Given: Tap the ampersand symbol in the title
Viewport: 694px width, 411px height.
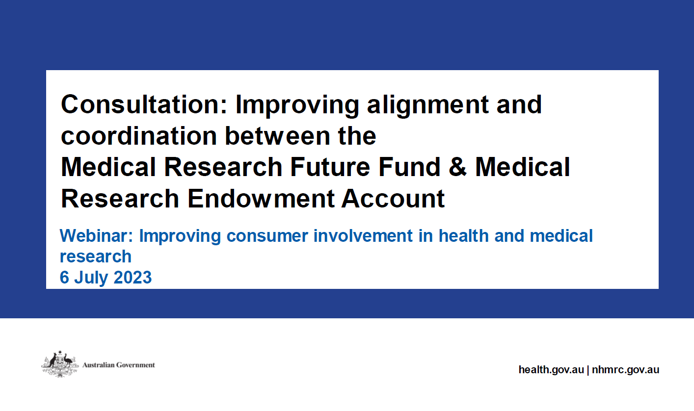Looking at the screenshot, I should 462,167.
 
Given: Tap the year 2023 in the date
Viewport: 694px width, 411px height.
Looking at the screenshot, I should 133,278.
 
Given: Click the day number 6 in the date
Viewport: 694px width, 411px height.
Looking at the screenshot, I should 64,278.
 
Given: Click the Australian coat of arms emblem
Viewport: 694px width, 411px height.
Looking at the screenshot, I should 58,364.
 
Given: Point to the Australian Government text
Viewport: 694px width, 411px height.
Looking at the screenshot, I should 119,365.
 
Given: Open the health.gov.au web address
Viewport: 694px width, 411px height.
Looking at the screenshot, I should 551,370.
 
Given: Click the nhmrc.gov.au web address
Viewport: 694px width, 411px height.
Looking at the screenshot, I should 625,370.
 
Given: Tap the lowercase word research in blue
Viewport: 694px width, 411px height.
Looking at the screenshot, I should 96,257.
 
